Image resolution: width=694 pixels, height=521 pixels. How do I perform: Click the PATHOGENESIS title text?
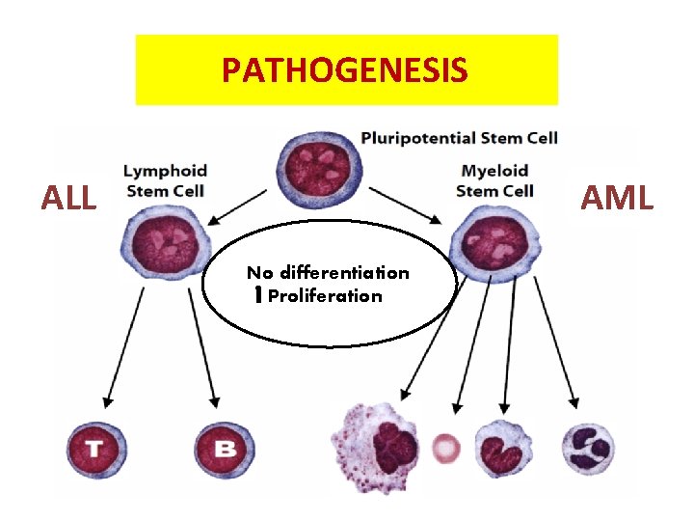click(345, 69)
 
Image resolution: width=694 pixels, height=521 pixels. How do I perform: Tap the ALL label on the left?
click(68, 199)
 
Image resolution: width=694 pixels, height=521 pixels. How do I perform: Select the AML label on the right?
click(617, 199)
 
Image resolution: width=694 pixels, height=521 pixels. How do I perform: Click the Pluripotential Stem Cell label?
click(459, 138)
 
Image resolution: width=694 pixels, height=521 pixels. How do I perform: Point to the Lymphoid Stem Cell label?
click(165, 180)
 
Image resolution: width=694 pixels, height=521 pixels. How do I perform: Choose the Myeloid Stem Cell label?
click(494, 180)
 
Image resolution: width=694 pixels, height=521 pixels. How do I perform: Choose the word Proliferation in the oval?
click(325, 296)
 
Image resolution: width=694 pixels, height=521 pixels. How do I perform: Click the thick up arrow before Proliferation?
click(258, 296)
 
